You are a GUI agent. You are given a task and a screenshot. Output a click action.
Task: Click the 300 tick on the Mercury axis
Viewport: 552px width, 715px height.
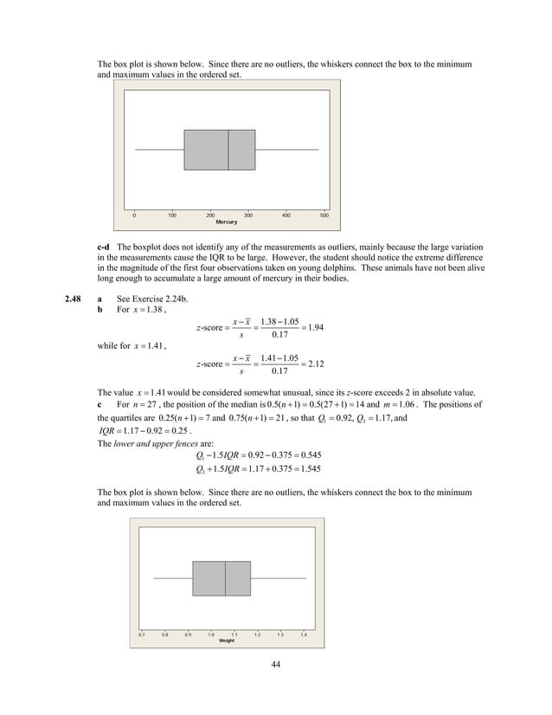tap(248, 215)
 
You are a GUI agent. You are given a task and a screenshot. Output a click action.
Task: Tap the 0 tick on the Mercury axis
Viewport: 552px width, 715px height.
tap(134, 215)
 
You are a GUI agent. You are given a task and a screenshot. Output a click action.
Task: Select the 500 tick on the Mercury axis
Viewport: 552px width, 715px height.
tap(324, 215)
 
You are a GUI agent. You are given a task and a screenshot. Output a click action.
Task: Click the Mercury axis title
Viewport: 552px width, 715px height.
tap(226, 222)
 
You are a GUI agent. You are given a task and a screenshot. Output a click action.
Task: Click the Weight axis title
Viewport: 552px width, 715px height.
tap(227, 640)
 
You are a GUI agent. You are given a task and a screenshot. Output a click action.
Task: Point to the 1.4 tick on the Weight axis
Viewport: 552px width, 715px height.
tap(304, 634)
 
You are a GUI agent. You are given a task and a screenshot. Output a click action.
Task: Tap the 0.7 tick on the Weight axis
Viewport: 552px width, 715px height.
tap(142, 634)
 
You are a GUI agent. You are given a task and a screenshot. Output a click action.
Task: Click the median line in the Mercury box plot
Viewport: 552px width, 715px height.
tap(228, 150)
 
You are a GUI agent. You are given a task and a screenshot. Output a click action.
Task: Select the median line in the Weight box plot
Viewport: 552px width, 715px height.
tap(226, 578)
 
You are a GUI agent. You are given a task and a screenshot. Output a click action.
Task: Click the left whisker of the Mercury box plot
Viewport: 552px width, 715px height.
tap(159, 150)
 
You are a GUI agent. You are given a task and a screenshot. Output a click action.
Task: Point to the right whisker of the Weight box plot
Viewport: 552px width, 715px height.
tap(279, 578)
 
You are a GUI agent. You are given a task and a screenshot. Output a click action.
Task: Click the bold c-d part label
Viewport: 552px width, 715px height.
tap(105, 248)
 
